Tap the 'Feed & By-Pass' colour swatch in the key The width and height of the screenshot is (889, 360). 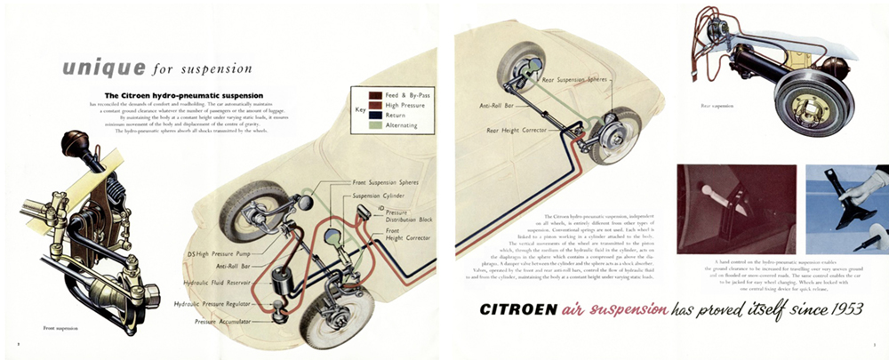point(364,94)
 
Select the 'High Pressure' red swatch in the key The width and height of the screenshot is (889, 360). point(364,105)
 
